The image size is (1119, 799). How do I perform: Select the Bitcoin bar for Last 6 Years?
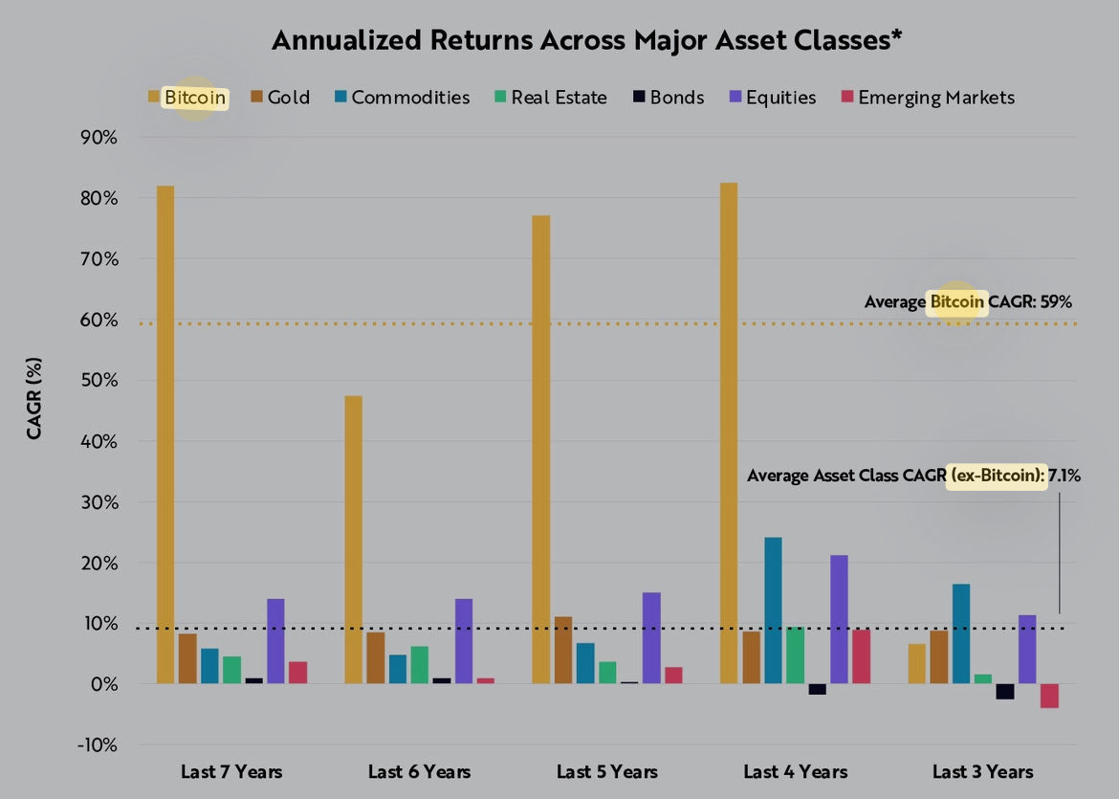tap(353, 540)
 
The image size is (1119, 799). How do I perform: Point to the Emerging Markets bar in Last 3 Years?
tap(1049, 696)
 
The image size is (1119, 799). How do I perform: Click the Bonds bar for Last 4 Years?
tap(817, 689)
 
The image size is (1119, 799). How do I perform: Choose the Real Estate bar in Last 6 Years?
tap(419, 665)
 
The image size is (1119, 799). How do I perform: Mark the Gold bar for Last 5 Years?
tap(563, 651)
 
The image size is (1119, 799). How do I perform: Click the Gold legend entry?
tap(280, 98)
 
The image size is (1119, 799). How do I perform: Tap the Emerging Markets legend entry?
tap(927, 98)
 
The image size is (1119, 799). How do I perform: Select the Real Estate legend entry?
tap(550, 98)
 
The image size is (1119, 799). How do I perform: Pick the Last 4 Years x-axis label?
tap(795, 772)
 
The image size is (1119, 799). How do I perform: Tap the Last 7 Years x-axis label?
tap(231, 772)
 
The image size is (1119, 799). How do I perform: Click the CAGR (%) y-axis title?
tap(34, 399)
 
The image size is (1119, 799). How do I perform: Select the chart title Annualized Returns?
tap(587, 40)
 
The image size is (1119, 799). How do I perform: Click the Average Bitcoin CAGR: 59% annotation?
tap(968, 302)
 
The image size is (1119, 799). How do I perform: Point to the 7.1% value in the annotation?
tap(1064, 476)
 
